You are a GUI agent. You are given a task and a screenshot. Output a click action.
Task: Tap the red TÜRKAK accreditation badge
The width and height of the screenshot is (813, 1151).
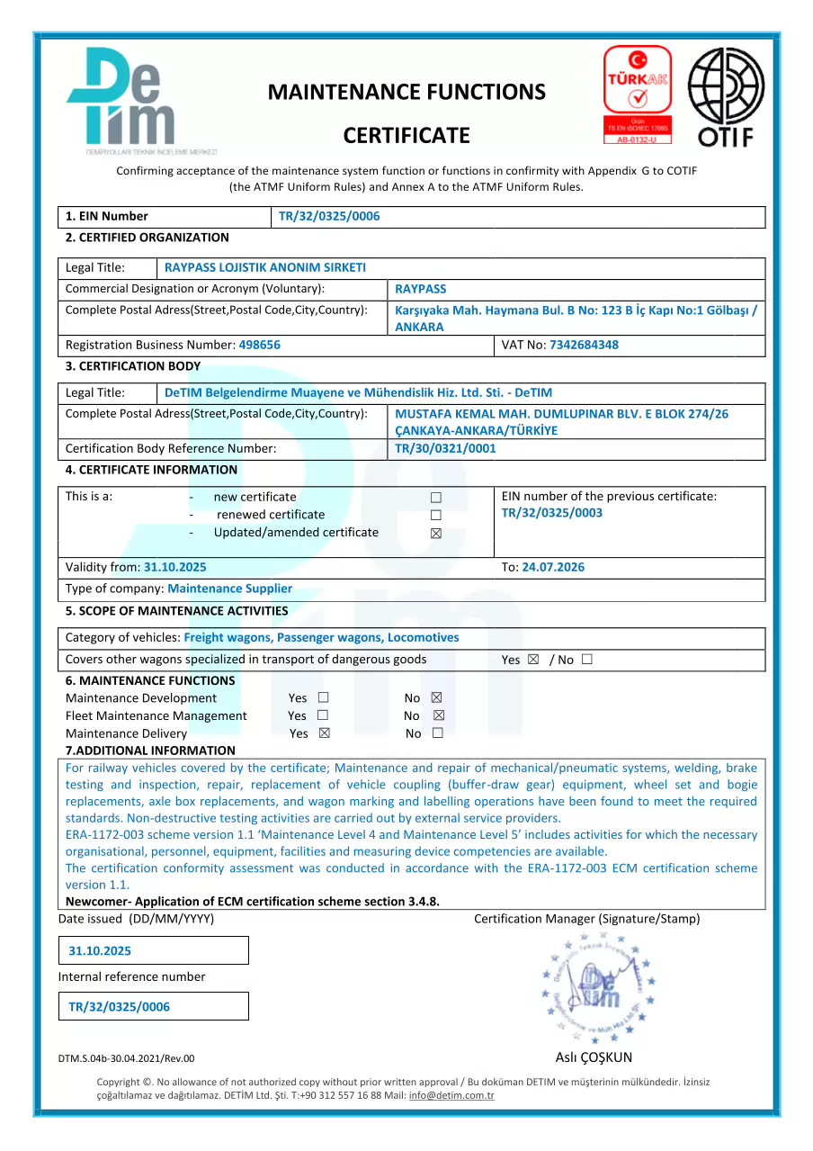[x=637, y=94]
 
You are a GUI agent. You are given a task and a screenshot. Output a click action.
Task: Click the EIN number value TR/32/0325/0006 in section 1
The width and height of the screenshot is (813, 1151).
[x=329, y=216]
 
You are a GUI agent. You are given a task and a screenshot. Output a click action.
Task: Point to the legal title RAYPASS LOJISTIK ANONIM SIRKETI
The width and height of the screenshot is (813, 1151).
[x=265, y=267]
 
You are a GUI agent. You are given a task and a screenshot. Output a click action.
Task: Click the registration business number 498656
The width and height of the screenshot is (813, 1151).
[x=260, y=345]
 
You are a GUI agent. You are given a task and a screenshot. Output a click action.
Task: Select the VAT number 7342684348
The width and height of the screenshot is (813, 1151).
[x=584, y=345]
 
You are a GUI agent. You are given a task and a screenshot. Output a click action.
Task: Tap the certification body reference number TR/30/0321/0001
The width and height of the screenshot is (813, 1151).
[x=445, y=448]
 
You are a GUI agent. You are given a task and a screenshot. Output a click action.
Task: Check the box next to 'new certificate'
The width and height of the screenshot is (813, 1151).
[x=436, y=498]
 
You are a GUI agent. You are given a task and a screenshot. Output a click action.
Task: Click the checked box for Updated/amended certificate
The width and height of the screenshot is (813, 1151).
[x=436, y=533]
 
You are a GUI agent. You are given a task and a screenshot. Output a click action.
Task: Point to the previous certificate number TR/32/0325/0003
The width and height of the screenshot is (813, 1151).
[x=552, y=513]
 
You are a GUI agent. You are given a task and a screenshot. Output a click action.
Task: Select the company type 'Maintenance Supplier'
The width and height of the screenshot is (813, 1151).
[x=229, y=589]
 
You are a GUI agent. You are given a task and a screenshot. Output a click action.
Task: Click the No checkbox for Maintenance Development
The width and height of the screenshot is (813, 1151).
[x=437, y=698]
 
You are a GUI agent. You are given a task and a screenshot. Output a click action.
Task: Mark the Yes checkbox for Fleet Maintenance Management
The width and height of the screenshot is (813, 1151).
[x=322, y=716]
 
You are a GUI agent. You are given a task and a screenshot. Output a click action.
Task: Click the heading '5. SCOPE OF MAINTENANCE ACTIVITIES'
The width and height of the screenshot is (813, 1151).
[x=177, y=611]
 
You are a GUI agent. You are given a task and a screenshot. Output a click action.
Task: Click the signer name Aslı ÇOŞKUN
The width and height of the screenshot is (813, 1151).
[x=594, y=1057]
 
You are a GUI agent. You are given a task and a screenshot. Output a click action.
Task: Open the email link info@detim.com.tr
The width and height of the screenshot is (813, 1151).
[x=451, y=1095]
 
